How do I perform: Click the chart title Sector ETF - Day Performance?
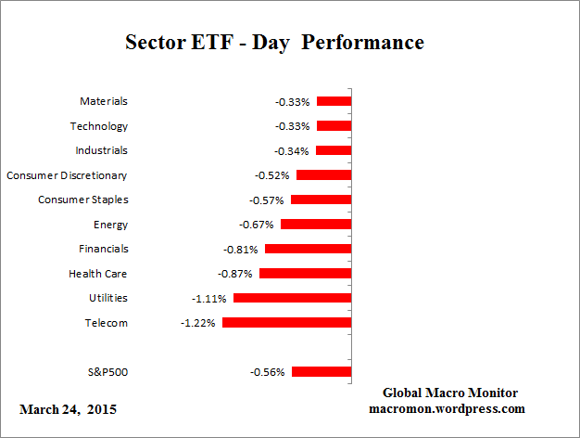tap(274, 43)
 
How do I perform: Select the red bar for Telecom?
tap(286, 322)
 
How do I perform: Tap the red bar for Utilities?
tap(292, 298)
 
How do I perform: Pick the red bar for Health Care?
tap(305, 273)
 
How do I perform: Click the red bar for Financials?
tap(308, 249)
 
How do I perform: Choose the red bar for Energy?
tap(315, 224)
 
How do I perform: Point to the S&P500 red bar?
tap(321, 371)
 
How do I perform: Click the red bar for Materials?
tap(334, 101)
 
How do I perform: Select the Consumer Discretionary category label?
tap(67, 174)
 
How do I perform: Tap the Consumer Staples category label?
tap(82, 200)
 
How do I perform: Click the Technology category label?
tap(98, 125)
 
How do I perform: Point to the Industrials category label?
tap(101, 150)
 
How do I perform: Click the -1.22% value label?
tap(197, 323)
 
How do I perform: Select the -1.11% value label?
tap(208, 298)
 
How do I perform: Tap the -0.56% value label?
tap(267, 372)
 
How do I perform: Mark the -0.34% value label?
tap(292, 150)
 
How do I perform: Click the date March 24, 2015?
tap(68, 408)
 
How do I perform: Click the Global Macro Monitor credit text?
tap(449, 393)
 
